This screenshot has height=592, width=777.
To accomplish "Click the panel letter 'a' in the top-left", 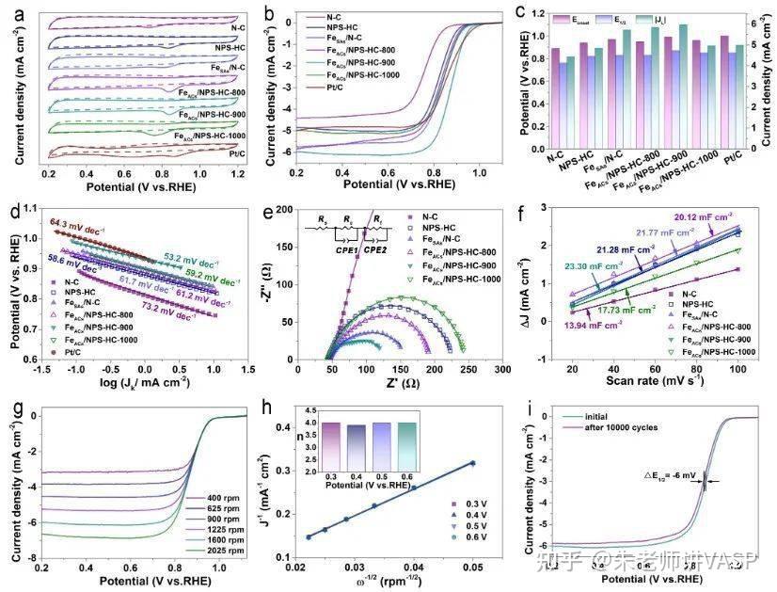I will pos(11,13).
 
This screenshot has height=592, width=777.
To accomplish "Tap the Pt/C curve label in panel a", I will pos(230,151).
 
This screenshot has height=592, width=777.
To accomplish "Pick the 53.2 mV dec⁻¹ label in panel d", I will pos(186,256).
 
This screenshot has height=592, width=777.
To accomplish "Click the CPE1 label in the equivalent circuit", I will pos(340,252).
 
